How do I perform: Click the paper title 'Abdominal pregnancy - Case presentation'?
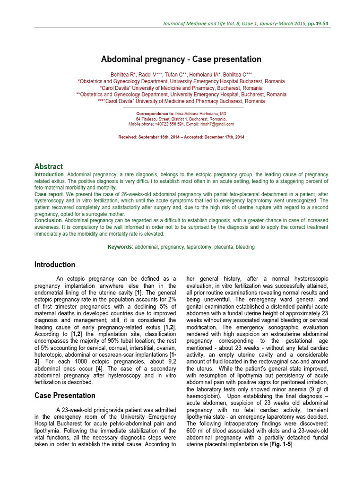click(181, 59)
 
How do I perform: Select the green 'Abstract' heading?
click(48, 166)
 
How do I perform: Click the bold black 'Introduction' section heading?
click(54, 265)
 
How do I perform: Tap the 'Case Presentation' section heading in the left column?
click(65, 395)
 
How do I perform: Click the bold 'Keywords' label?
click(121, 247)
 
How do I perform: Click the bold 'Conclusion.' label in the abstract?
click(49, 220)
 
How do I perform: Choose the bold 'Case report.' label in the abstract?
click(49, 194)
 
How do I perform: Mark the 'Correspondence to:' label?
click(155, 114)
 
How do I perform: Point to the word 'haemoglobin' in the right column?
click(205, 395)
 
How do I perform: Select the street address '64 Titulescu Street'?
click(154, 119)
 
